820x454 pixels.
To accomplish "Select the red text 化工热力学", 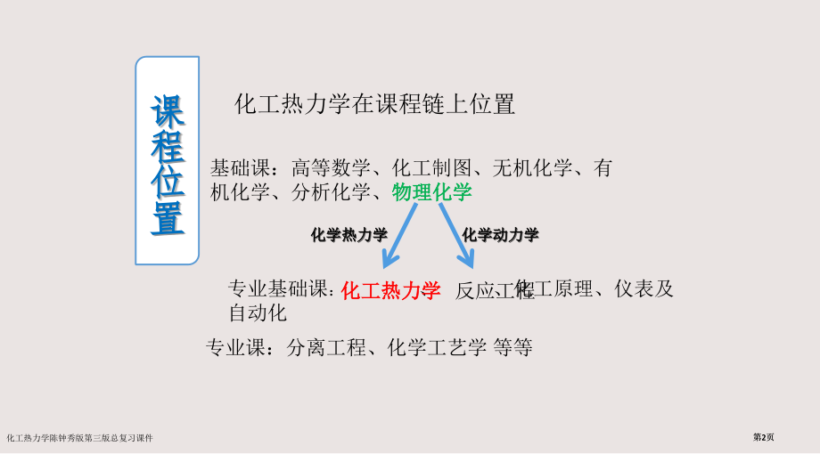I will (391, 290).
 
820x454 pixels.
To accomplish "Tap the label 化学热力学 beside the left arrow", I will (349, 235).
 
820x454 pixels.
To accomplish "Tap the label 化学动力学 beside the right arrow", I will (501, 235).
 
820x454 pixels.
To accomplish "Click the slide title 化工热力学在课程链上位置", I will (374, 104).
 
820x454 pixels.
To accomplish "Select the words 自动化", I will (258, 313).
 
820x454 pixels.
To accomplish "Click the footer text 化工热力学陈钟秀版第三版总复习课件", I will (79, 438).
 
